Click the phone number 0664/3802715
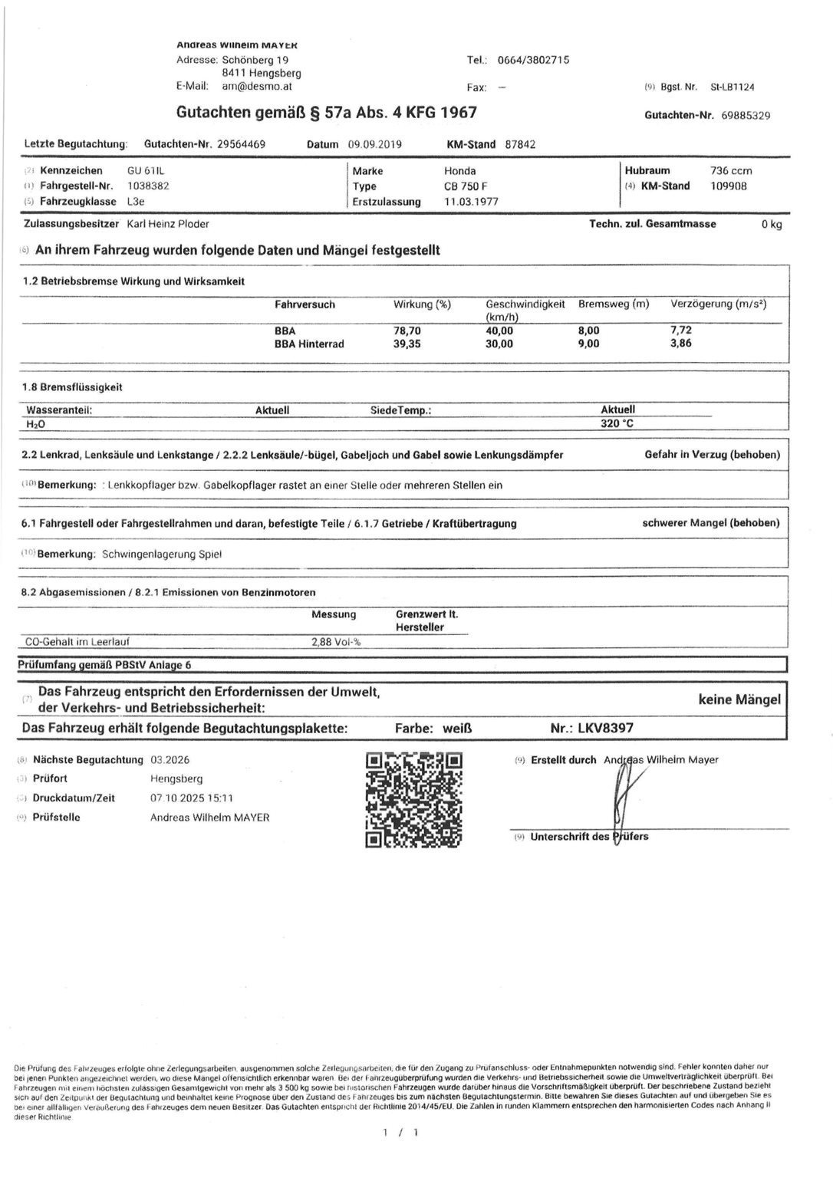tap(533, 60)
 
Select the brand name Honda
tap(459, 171)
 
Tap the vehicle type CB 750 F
tap(465, 186)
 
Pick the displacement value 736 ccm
tap(732, 170)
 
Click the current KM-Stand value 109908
tap(729, 186)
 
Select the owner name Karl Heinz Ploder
tap(167, 224)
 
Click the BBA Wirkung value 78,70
tap(407, 331)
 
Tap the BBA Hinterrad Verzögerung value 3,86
tap(680, 344)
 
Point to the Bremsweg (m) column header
tap(614, 304)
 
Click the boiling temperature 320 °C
tap(617, 423)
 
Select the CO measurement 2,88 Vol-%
tap(336, 642)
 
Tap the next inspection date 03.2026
tap(170, 760)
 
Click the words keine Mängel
tap(739, 699)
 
